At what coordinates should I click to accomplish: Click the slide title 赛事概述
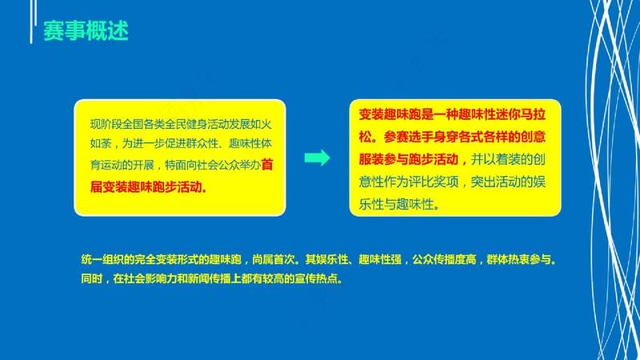pos(86,30)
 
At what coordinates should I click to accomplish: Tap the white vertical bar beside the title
pos(31,22)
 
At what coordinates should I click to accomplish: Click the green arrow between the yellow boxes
pos(317,158)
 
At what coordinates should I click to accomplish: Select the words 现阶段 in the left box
pos(106,124)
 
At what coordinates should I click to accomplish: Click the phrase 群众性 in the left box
pos(202,144)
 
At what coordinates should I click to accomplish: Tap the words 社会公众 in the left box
pos(218,165)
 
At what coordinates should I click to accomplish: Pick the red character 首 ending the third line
pos(267,165)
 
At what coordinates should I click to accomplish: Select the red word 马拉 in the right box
pos(533,114)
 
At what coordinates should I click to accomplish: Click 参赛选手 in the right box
pos(408,137)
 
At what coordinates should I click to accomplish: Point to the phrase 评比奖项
pos(433,182)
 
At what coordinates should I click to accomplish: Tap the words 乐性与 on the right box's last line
pos(378,204)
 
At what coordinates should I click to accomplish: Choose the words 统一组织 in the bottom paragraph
pos(102,259)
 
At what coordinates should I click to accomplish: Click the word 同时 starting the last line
pos(91,278)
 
